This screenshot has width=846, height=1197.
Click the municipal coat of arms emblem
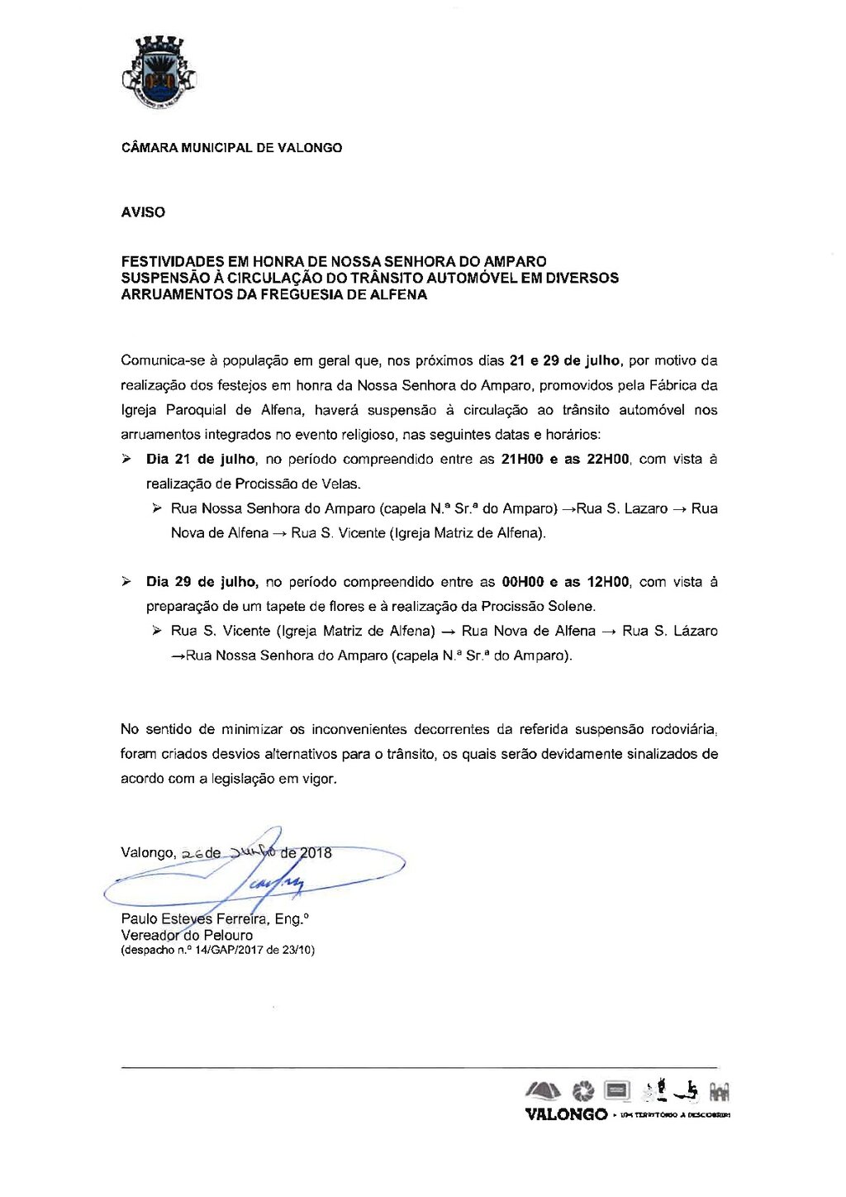(x=159, y=74)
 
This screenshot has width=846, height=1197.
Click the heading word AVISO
(x=143, y=212)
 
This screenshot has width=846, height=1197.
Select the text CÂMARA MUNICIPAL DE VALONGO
(x=231, y=148)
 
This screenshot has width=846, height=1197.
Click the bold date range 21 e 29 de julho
(x=566, y=361)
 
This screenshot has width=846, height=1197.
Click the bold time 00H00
(x=523, y=582)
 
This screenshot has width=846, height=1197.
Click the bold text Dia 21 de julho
(x=202, y=460)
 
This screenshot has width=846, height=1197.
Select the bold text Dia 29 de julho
(x=202, y=582)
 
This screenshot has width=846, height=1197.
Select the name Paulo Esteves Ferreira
(x=194, y=919)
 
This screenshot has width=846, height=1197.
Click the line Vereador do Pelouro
(x=187, y=936)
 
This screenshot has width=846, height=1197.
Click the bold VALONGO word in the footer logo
(x=566, y=1115)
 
